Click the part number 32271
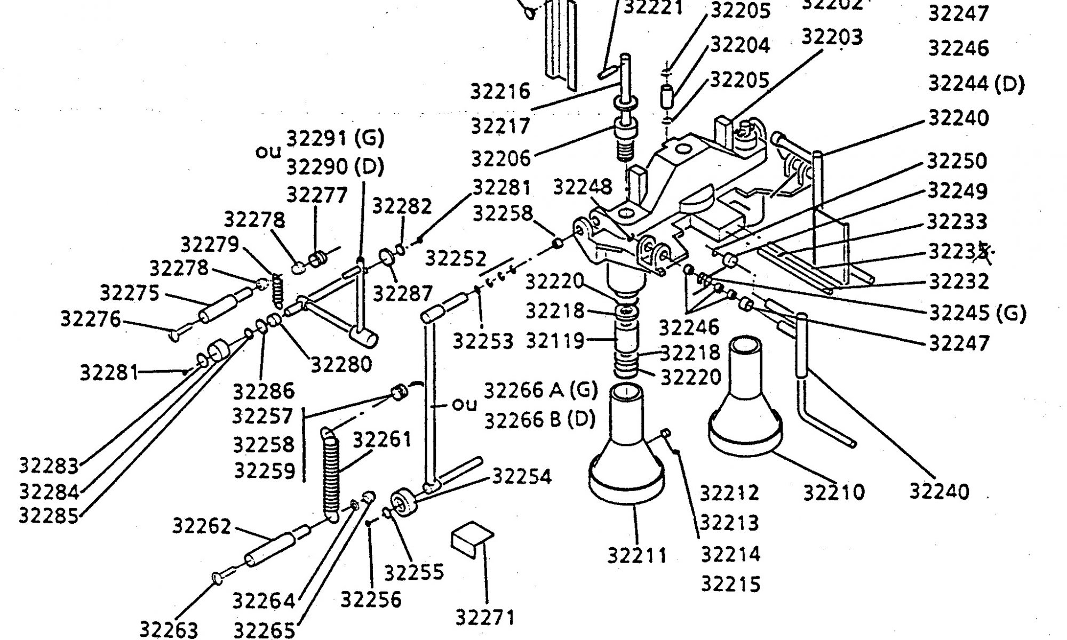point(485,617)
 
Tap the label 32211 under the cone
point(637,555)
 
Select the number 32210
point(833,491)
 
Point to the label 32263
point(169,629)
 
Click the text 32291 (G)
point(336,139)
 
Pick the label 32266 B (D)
point(539,420)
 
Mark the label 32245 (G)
point(977,313)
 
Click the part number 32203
point(832,37)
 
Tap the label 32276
point(91,319)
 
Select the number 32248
point(582,187)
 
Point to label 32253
point(483,341)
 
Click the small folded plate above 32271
point(472,538)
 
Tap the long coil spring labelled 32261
point(331,475)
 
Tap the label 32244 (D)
point(976,84)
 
